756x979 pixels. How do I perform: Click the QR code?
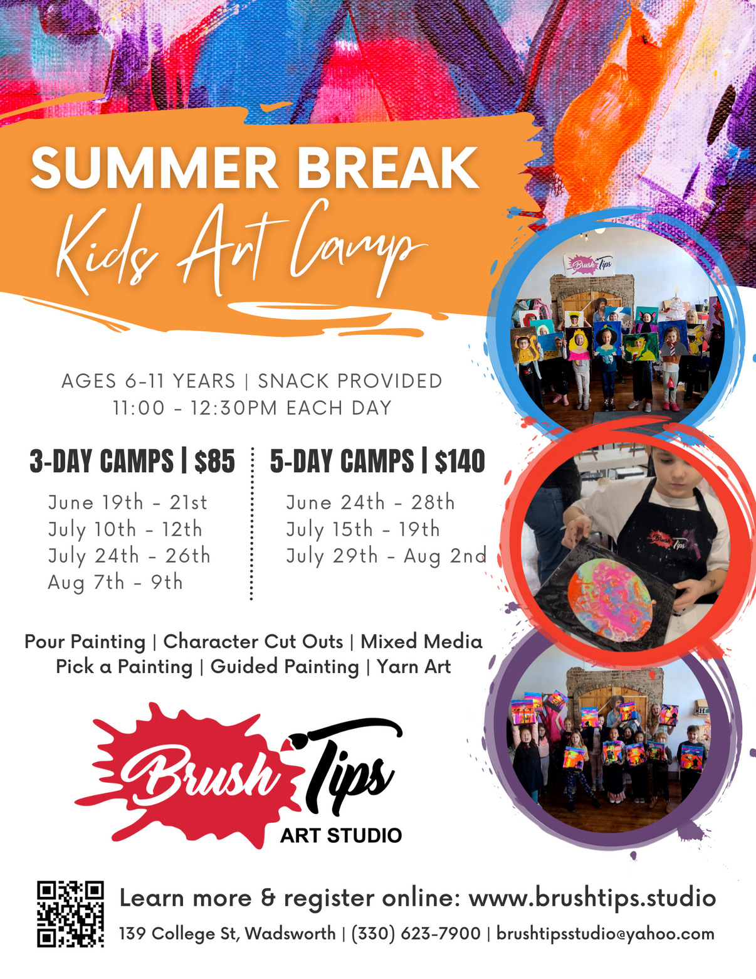coord(70,913)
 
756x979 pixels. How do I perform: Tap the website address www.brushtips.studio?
coord(592,897)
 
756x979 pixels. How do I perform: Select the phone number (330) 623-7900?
coord(416,934)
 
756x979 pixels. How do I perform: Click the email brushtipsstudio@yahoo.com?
coord(605,934)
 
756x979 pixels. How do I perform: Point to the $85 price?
coord(214,462)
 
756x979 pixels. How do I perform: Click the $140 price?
coord(460,462)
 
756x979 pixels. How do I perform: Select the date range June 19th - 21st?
coord(127,502)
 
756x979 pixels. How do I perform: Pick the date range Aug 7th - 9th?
coord(115,583)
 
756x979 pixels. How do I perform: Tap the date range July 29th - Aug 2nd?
coord(386,556)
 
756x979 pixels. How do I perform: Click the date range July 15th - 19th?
coord(363,529)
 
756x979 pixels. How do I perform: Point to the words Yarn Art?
coord(414,667)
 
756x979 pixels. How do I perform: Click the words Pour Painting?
coord(85,642)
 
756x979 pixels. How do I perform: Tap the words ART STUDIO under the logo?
coord(341,835)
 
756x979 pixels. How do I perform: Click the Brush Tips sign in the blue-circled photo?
coord(590,264)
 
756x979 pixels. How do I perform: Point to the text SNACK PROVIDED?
coord(350,381)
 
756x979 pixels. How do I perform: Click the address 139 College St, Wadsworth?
coord(227,934)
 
